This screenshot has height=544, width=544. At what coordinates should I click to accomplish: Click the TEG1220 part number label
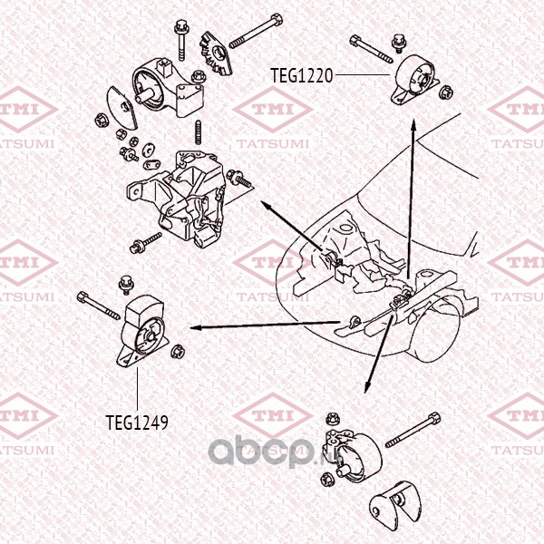tap(302, 75)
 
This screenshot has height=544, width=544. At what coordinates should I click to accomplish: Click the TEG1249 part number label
tap(136, 422)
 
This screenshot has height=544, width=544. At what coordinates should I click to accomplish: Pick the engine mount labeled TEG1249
tap(145, 335)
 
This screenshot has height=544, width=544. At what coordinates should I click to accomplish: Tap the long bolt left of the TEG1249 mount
tap(99, 305)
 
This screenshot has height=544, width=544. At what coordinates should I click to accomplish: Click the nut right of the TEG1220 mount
tap(445, 90)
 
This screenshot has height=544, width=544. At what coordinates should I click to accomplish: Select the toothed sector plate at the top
tap(217, 54)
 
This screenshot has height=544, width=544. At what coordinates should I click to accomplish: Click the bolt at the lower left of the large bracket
tap(142, 242)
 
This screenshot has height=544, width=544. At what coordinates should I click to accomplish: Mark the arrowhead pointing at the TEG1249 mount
tap(192, 328)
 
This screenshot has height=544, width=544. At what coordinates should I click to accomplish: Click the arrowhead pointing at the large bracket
tap(266, 206)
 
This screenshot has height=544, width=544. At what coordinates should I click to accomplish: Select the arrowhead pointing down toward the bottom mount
tap(367, 387)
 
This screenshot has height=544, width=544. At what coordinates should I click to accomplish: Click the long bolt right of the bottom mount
tap(414, 430)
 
